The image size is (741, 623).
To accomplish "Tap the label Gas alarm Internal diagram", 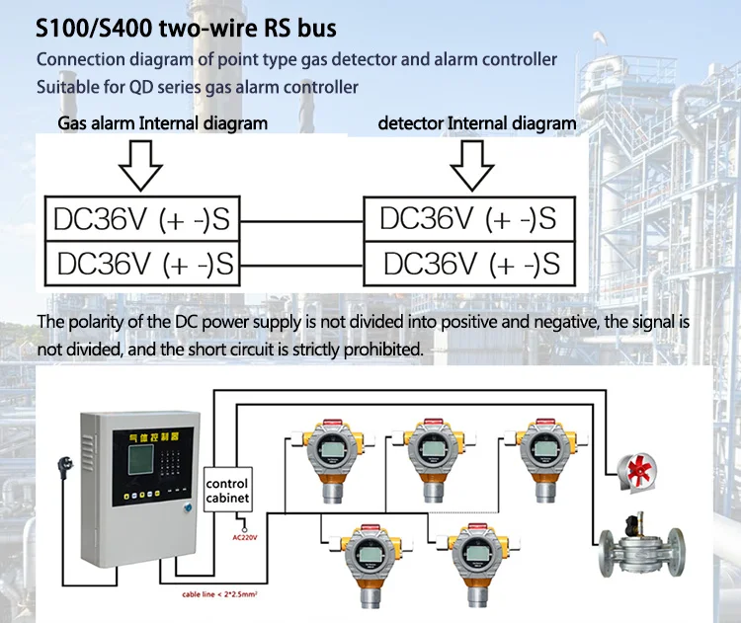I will [162, 123].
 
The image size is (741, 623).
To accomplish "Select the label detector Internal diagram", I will [477, 123].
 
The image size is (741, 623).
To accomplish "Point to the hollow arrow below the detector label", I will [471, 164].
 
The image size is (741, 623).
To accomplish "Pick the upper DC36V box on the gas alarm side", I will [140, 218].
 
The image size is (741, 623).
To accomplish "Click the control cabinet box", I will [226, 491].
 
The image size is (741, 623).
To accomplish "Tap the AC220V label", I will [243, 538].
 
